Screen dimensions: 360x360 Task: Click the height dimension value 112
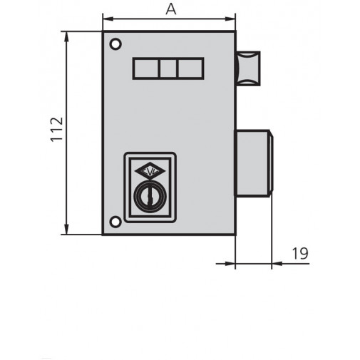point(56,130)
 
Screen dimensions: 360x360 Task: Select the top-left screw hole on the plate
point(115,44)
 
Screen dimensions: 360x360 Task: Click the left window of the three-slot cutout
point(145,68)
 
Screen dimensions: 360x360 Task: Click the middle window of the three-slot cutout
point(168,68)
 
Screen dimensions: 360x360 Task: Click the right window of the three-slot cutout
point(190,68)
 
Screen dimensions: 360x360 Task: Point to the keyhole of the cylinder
point(150,196)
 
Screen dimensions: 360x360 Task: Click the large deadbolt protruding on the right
point(253,163)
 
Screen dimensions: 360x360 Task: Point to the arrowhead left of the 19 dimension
point(230,264)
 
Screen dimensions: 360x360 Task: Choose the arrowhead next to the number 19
point(276,264)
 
